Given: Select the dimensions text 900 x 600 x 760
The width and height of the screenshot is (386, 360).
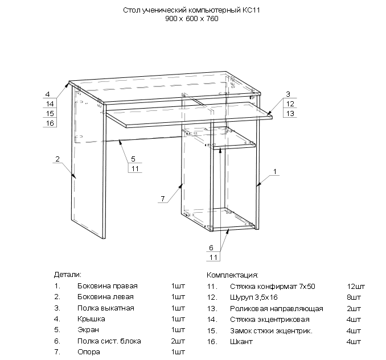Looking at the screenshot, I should point(192,19).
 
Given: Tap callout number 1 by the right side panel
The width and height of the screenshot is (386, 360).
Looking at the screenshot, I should point(274,171).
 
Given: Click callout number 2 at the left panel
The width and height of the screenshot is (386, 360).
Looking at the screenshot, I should point(58,159).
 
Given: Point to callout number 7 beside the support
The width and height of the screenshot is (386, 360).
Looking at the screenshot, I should point(162,198).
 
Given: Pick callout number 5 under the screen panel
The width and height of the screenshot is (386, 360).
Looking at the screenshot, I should point(133,158).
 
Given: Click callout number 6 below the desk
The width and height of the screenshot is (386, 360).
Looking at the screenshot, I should point(211,248).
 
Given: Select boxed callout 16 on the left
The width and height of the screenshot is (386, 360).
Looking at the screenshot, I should point(50,123).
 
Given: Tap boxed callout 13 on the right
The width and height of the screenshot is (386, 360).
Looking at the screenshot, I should point(290,114).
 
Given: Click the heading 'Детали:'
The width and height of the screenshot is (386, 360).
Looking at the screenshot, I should point(68,274).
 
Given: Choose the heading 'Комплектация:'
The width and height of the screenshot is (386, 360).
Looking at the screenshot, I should point(232,275).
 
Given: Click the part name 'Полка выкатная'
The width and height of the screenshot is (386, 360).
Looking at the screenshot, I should point(105,308).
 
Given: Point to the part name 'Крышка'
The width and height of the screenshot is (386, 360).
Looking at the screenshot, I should point(91,319).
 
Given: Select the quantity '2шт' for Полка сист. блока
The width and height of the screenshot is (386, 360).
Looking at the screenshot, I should point(178,341).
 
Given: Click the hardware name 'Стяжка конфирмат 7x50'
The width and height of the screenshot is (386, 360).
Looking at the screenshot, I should point(273,286).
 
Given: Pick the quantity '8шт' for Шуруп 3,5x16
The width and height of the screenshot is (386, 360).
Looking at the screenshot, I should point(354,297).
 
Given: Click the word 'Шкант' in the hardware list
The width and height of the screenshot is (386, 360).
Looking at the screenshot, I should point(242,341).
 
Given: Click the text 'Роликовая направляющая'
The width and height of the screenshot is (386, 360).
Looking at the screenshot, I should point(277,308).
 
